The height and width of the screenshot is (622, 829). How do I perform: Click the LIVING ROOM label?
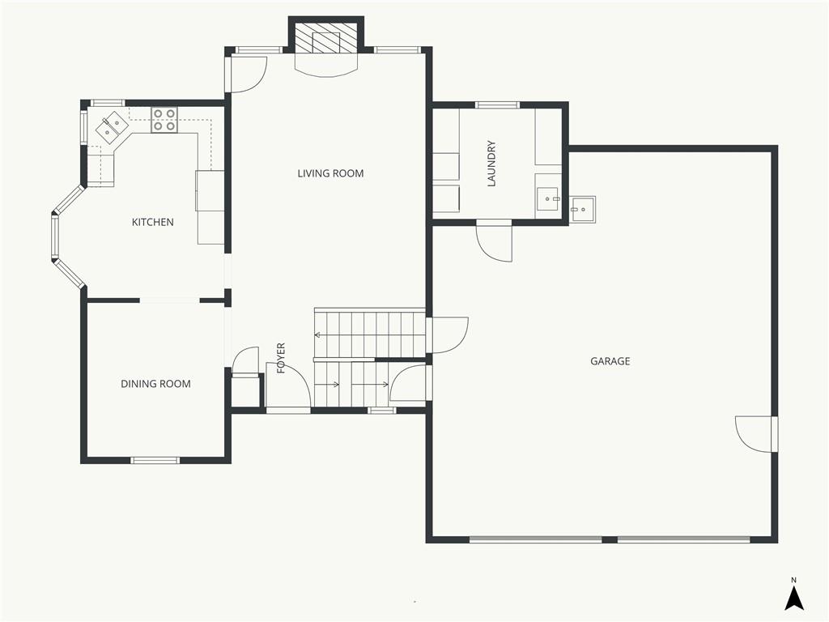click(330, 173)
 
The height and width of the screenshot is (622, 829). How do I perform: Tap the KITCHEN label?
click(153, 222)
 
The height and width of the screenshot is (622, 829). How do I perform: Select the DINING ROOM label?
click(156, 384)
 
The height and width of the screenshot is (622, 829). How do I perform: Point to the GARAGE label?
click(610, 361)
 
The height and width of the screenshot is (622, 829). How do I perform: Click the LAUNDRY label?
click(491, 164)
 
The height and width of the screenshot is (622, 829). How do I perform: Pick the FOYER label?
click(281, 358)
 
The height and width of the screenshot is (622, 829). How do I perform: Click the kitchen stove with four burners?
click(164, 120)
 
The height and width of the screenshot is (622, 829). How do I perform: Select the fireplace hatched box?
click(326, 41)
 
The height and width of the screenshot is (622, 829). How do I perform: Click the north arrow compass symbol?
click(793, 599)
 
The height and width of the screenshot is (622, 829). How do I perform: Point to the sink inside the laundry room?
click(548, 200)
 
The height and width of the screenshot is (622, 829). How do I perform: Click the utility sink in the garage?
click(583, 209)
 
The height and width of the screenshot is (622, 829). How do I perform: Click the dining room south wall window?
click(155, 460)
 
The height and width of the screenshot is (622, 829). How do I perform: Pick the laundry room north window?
click(497, 104)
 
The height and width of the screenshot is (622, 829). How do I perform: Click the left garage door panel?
click(536, 539)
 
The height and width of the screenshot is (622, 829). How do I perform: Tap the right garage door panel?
click(683, 539)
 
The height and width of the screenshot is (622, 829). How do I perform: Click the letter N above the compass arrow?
click(793, 580)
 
